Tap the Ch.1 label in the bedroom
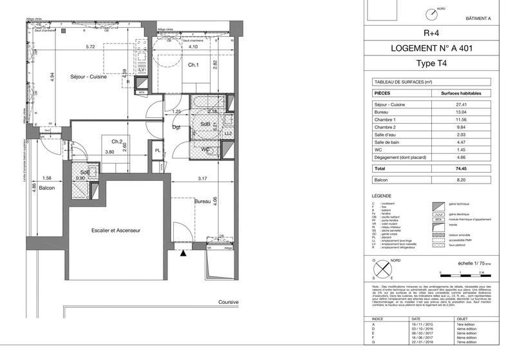(193, 65)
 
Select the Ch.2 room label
(117, 142)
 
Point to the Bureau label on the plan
(203, 202)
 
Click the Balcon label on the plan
(46, 189)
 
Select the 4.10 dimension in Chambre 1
(193, 47)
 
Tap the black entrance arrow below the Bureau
(183, 254)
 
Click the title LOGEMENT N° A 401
(429, 49)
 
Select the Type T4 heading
(429, 64)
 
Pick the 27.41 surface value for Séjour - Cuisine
(460, 104)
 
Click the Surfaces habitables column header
(460, 93)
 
